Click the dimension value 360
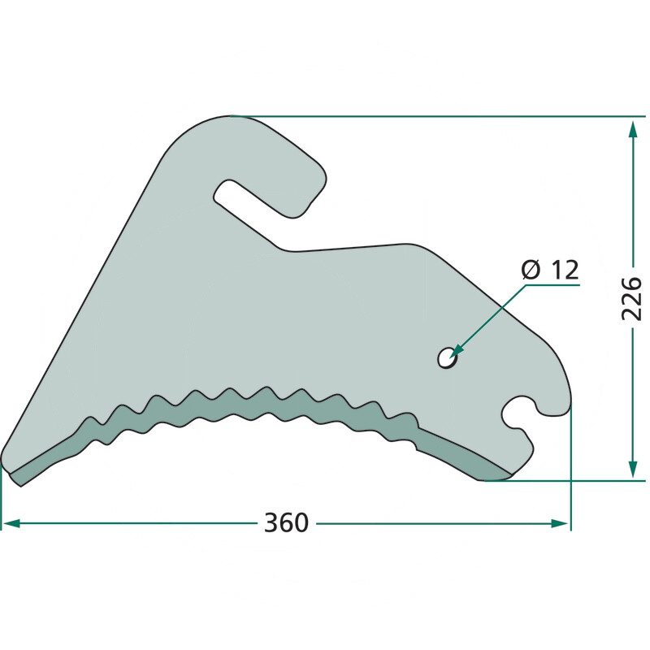(x=287, y=522)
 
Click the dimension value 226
(x=632, y=298)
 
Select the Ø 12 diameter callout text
(x=549, y=270)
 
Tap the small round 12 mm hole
(x=446, y=357)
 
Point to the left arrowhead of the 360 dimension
(x=11, y=523)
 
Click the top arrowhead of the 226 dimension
(x=633, y=130)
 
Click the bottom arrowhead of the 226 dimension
(x=633, y=469)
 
